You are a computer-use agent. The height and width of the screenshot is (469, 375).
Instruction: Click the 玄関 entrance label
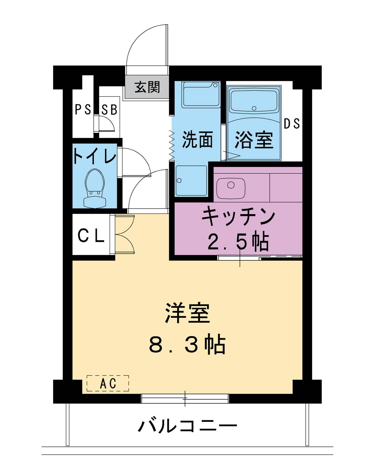click(x=147, y=87)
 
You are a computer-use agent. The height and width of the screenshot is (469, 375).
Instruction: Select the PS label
click(x=83, y=109)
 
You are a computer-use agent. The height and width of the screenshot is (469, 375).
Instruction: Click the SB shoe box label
click(x=109, y=109)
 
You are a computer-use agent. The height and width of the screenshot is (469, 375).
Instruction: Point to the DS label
click(x=292, y=124)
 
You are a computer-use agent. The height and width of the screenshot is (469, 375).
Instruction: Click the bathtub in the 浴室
click(x=254, y=101)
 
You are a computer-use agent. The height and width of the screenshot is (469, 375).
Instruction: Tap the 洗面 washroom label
click(x=197, y=139)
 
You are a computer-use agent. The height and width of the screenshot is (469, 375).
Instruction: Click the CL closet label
click(x=91, y=236)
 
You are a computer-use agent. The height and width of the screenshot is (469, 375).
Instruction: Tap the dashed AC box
click(x=108, y=383)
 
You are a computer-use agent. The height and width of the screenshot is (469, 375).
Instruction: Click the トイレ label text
click(x=94, y=156)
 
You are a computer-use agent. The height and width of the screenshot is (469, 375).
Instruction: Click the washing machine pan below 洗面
click(x=191, y=181)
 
